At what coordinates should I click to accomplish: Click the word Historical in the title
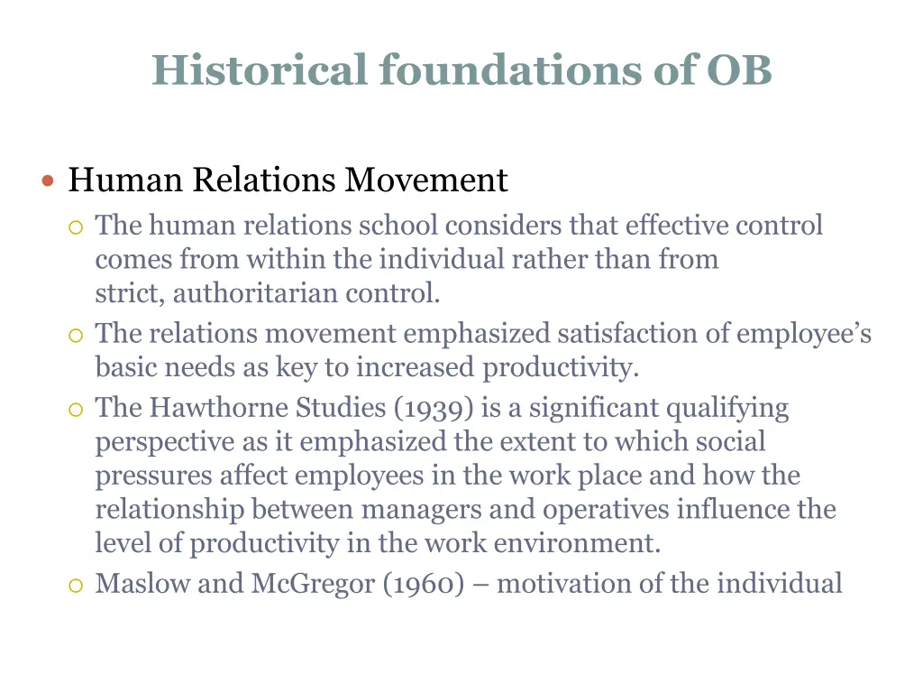coord(260,70)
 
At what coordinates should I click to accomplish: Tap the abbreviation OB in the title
coord(739,70)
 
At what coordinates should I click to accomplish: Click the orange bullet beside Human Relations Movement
coord(49,181)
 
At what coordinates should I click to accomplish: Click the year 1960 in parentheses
coord(424,584)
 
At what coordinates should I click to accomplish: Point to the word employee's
coord(804,334)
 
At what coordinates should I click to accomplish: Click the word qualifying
coord(727,408)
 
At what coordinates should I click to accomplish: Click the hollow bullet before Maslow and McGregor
coord(76,586)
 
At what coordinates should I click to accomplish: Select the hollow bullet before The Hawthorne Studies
coord(76,410)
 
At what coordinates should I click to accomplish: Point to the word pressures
coord(146,476)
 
